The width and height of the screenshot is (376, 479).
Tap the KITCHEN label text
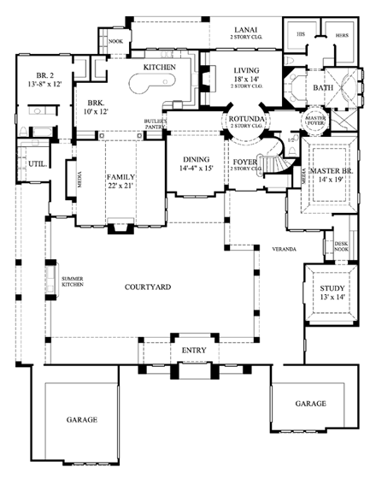tap(159, 66)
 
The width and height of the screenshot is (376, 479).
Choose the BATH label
tap(323, 86)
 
